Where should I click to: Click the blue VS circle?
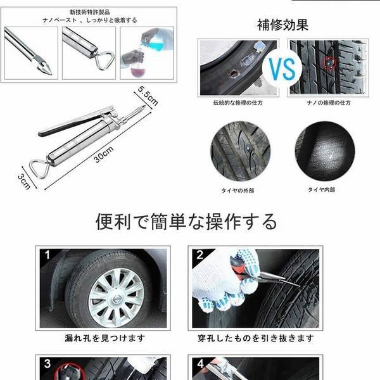click(x=281, y=68)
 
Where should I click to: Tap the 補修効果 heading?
click(x=283, y=25)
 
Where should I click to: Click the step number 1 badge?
click(x=46, y=256)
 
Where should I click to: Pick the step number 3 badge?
click(x=46, y=364)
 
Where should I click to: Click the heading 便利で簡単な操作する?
click(x=186, y=222)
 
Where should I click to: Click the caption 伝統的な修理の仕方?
click(x=238, y=102)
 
